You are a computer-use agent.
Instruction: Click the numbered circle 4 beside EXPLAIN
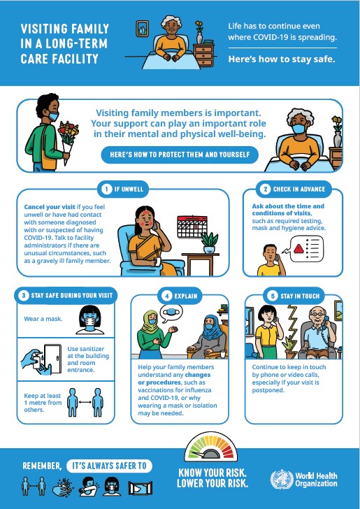pyautogui.click(x=167, y=295)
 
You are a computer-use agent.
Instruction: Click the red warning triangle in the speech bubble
pyautogui.click(x=298, y=248)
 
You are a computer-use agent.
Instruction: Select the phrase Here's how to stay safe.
pyautogui.click(x=282, y=59)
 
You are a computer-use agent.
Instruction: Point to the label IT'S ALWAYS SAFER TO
pyautogui.click(x=110, y=466)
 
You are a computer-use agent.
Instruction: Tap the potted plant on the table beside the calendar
pyautogui.click(x=209, y=239)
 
